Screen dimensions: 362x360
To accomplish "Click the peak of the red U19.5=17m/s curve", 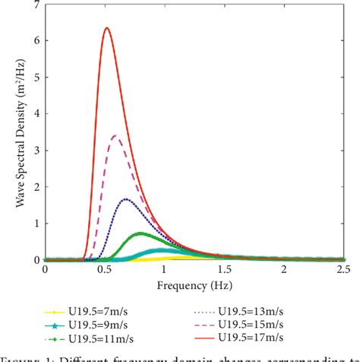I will click(106, 28).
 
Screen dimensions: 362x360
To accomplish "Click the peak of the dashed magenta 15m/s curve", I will click(115, 135).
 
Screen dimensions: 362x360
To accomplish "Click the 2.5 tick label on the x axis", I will click(343, 270).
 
